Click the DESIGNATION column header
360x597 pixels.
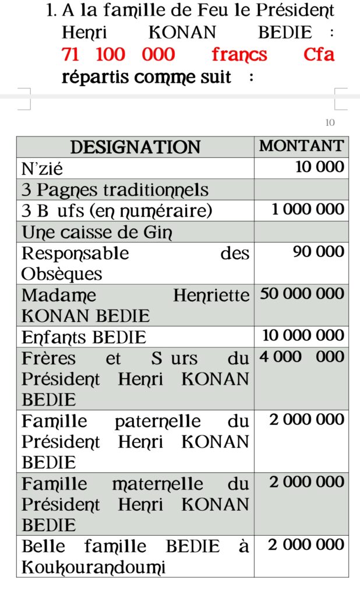point(135,147)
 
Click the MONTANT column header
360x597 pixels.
point(301,146)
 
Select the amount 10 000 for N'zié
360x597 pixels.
point(320,167)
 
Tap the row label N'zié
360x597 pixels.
point(43,169)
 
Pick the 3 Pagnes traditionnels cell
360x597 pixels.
point(115,190)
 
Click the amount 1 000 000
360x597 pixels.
point(308,209)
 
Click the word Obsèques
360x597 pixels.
point(62,274)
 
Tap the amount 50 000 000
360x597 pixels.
point(302,294)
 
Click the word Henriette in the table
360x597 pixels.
point(211,296)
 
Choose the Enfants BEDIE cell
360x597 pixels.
point(84,338)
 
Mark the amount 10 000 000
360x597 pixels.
point(303,335)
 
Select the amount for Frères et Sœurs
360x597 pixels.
point(302,357)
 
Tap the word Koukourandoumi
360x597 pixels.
point(93,567)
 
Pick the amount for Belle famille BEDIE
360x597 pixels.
point(306,545)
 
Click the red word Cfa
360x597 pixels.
point(319,55)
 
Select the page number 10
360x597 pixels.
point(330,122)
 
